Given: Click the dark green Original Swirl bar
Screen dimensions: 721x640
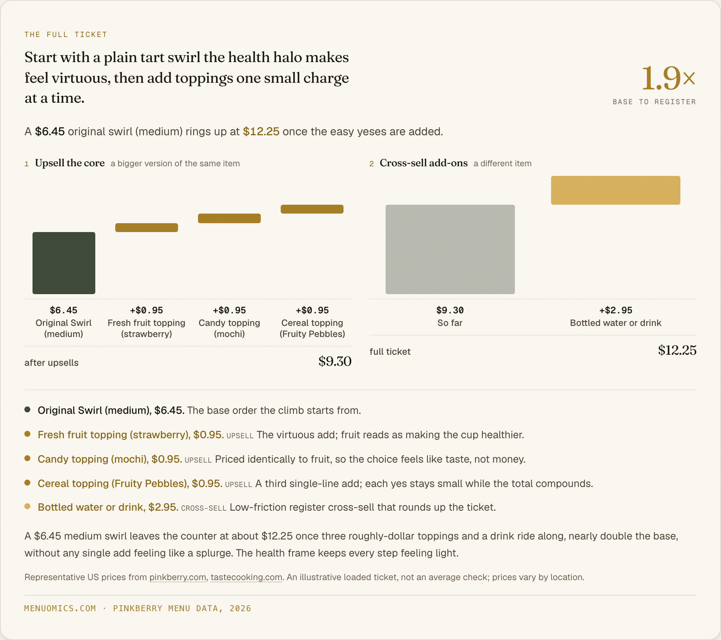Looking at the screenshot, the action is [64, 263].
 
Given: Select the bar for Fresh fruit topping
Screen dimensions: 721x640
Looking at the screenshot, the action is [147, 228].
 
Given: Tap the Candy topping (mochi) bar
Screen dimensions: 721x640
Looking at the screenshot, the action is [229, 218].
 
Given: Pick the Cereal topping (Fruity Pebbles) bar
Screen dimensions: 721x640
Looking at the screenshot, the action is [312, 209].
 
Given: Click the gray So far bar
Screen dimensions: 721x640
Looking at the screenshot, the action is [450, 249].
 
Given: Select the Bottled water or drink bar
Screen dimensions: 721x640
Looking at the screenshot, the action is [616, 190].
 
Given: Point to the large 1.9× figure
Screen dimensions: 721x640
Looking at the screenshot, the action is [669, 78].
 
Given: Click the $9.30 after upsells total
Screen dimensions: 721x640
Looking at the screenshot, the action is [335, 361].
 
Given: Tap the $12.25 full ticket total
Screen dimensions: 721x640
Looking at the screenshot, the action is [677, 350].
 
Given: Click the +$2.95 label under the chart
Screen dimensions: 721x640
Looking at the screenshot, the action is [616, 310].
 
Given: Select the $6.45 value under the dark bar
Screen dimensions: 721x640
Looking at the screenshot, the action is [64, 310].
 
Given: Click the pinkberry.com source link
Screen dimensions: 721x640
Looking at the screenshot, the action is [178, 577].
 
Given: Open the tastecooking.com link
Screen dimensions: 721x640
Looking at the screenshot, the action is [246, 577].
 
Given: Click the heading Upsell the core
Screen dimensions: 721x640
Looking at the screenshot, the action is [70, 163].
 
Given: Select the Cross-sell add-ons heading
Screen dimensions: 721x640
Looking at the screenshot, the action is [424, 163].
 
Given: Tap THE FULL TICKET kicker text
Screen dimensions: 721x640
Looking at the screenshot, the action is [66, 35].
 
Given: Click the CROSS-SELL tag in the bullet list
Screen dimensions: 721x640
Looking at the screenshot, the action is [204, 508].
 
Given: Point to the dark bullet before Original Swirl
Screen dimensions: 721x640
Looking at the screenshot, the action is [27, 409].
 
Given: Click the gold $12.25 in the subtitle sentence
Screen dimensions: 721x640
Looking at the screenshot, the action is [261, 132].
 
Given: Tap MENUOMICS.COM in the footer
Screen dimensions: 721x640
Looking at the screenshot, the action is [60, 609].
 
